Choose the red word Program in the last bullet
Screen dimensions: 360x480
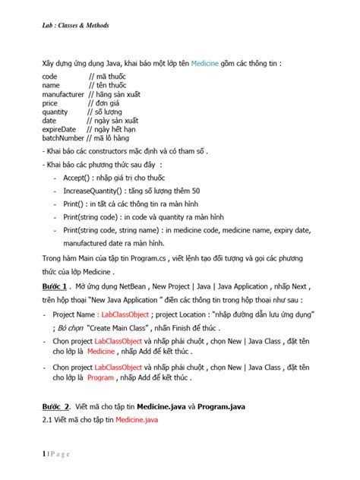click(100, 377)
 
